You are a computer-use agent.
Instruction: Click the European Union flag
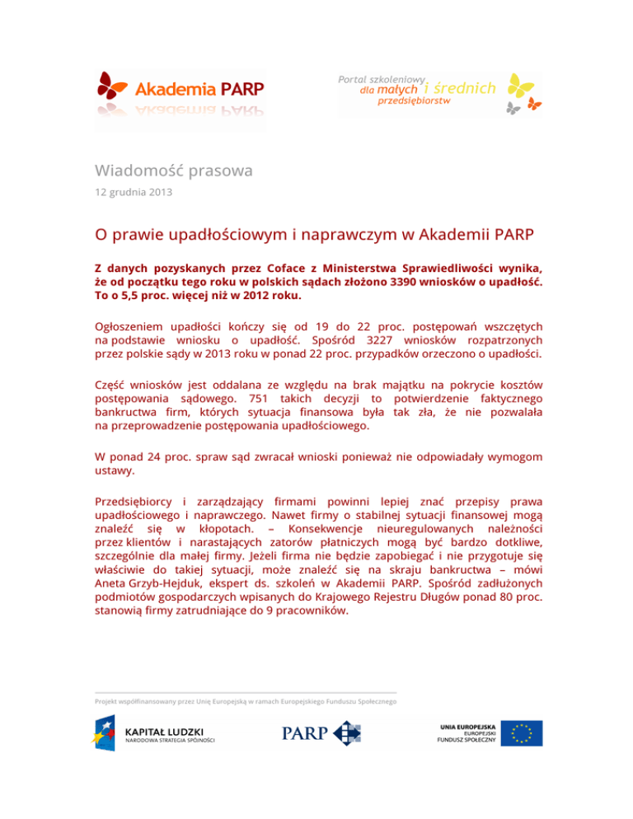[x=526, y=733]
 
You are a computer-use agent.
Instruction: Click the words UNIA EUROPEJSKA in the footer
[x=467, y=725]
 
